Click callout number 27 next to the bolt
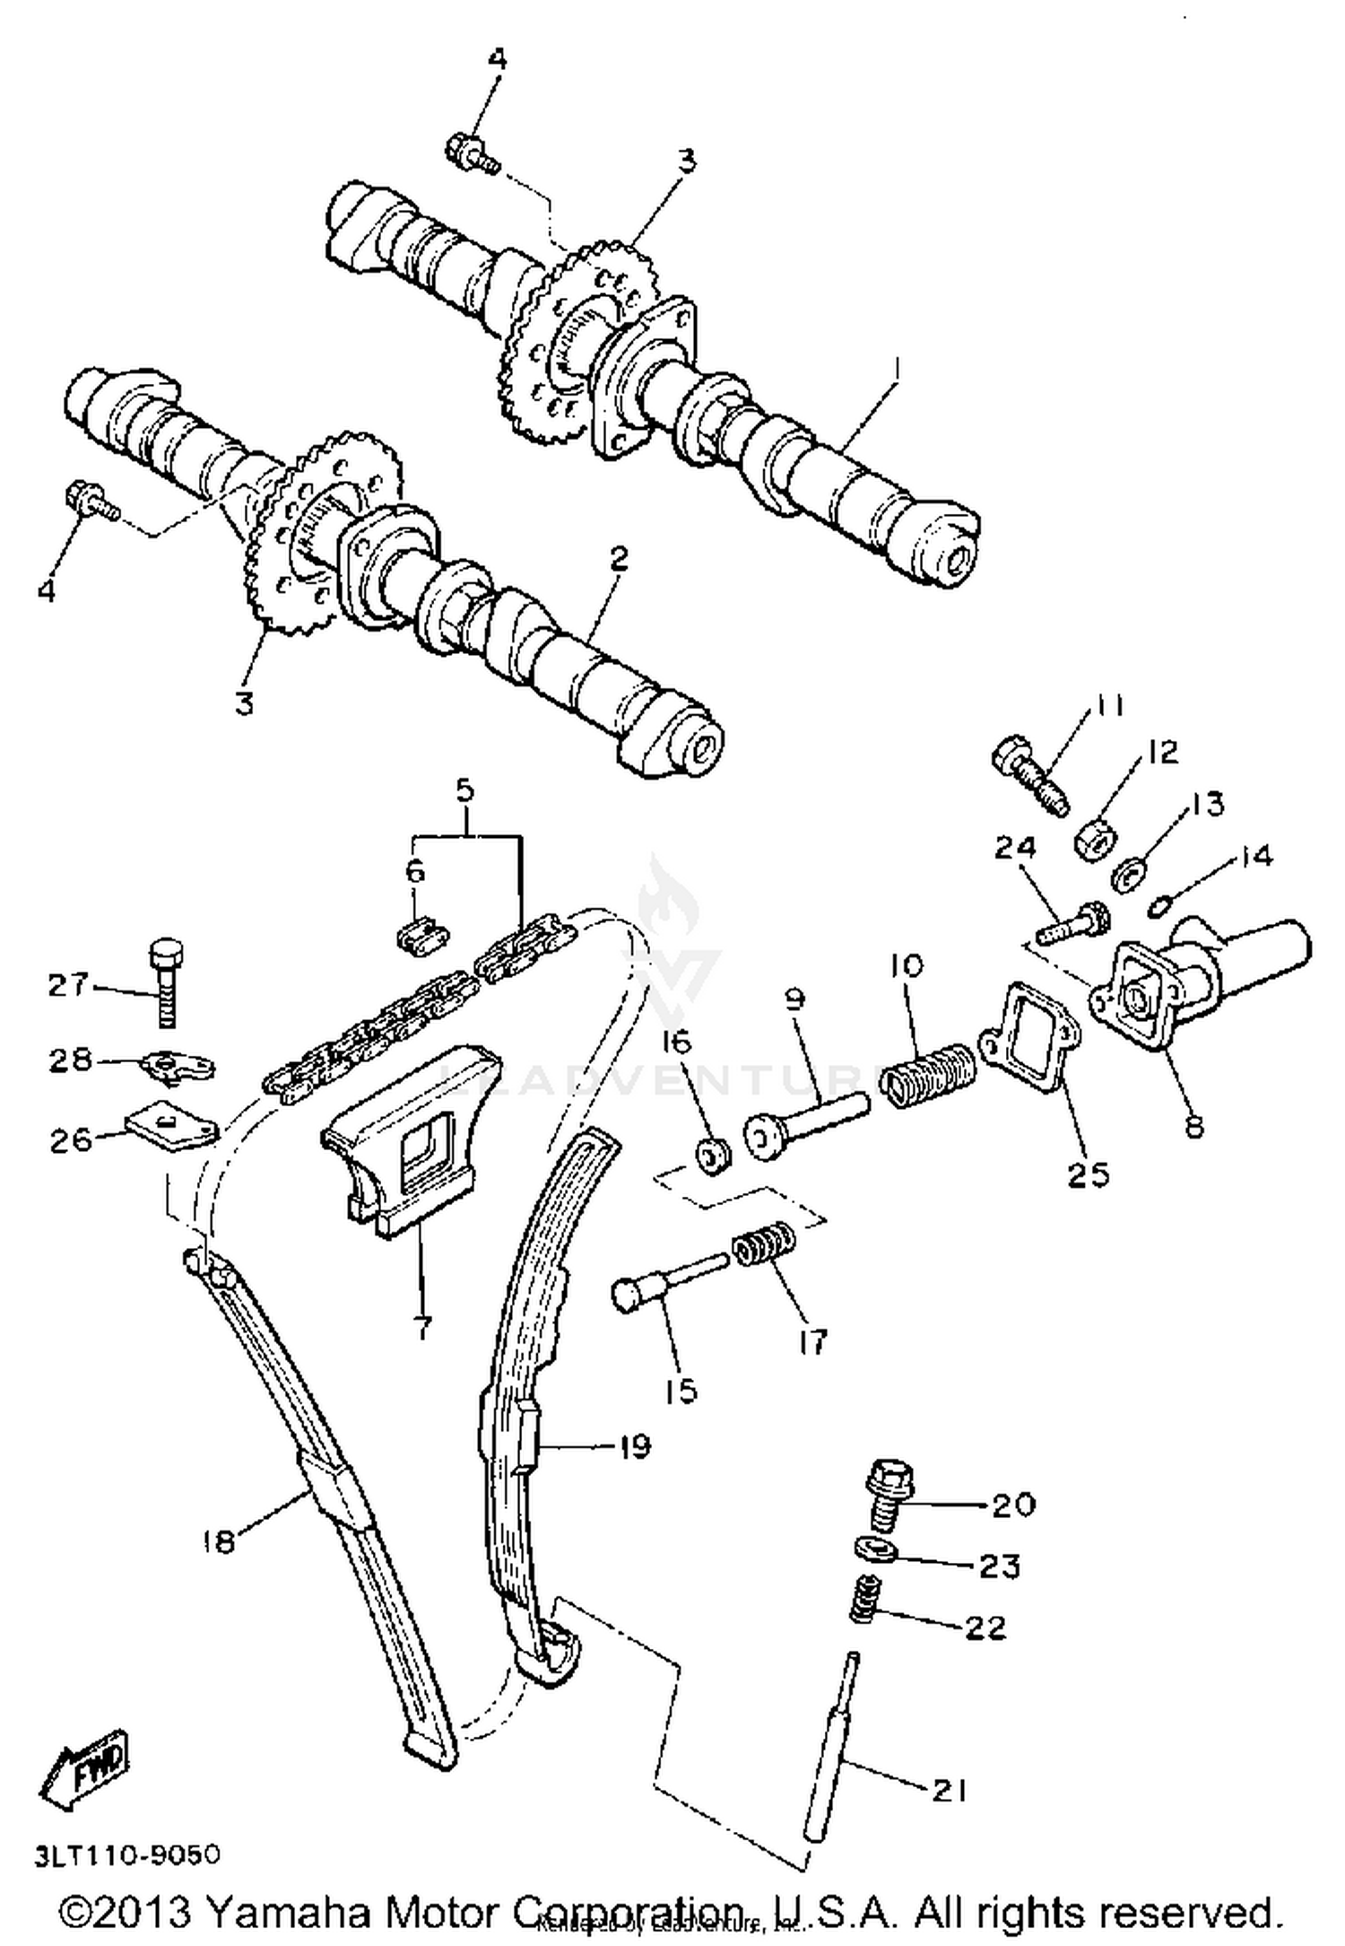point(68,985)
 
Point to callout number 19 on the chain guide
point(633,1446)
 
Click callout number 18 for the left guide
point(218,1540)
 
